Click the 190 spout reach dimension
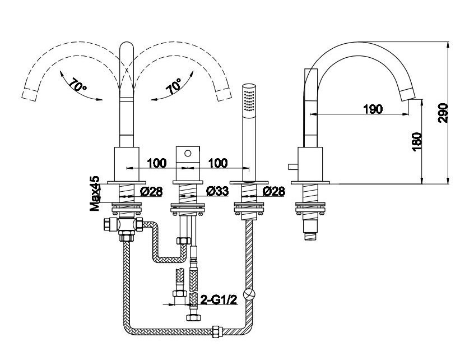click(x=373, y=109)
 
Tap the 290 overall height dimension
click(x=443, y=113)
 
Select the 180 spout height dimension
click(x=417, y=141)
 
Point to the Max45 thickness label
click(x=95, y=193)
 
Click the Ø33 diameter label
click(x=217, y=191)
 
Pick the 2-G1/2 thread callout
click(x=219, y=300)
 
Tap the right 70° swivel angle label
click(x=174, y=86)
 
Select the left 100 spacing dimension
click(x=156, y=163)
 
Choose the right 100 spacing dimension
click(x=218, y=163)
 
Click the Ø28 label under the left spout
click(x=151, y=191)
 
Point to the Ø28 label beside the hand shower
click(x=273, y=191)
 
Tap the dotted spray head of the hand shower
click(x=250, y=99)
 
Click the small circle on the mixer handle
click(x=188, y=154)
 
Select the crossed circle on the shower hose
click(x=250, y=294)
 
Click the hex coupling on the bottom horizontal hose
click(x=217, y=331)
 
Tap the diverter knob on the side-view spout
click(x=292, y=167)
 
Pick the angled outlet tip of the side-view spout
click(x=408, y=95)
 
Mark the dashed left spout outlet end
click(x=30, y=94)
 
